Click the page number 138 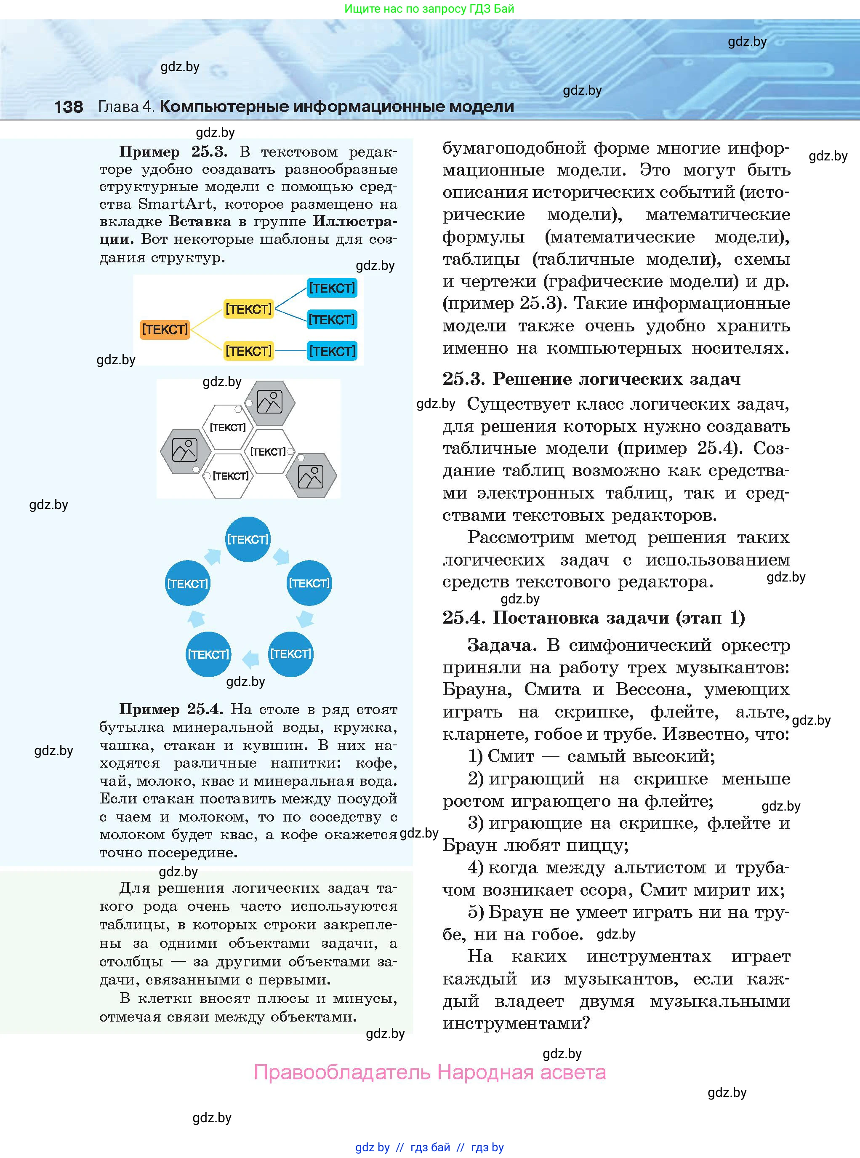pyautogui.click(x=68, y=107)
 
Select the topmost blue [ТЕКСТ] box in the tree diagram pyautogui.click(x=332, y=288)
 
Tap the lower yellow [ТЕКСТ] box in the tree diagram pyautogui.click(x=248, y=351)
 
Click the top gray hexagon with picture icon pyautogui.click(x=270, y=403)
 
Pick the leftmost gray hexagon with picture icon pyautogui.click(x=185, y=451)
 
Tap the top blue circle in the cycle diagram pyautogui.click(x=248, y=539)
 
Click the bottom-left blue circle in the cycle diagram pyautogui.click(x=208, y=654)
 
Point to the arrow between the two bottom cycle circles pyautogui.click(x=251, y=659)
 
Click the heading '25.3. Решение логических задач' pyautogui.click(x=591, y=379)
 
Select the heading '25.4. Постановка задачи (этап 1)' pyautogui.click(x=594, y=618)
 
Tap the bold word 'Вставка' pyautogui.click(x=200, y=221)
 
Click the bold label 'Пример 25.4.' pyautogui.click(x=171, y=709)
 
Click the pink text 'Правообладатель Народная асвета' pyautogui.click(x=429, y=1073)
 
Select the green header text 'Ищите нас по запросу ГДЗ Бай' pyautogui.click(x=429, y=9)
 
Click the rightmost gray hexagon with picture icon pyautogui.click(x=311, y=476)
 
